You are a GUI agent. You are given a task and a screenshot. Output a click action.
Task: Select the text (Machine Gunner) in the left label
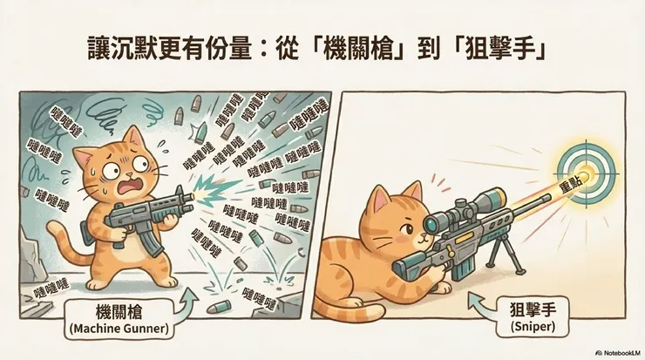pyautogui.click(x=119, y=329)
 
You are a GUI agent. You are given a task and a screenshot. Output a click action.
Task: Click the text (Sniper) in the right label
pyautogui.click(x=533, y=326)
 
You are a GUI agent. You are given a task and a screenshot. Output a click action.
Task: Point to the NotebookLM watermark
pyautogui.click(x=618, y=353)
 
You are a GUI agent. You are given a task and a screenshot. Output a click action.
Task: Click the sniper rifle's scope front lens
pyautogui.click(x=431, y=223)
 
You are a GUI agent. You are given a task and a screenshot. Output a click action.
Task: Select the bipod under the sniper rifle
pyautogui.click(x=506, y=255)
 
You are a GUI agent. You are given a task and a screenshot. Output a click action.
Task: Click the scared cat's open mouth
pyautogui.click(x=129, y=187)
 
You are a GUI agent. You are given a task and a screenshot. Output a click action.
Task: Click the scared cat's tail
pyautogui.click(x=67, y=243)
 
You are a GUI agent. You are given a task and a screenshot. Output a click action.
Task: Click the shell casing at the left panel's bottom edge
pyautogui.click(x=219, y=308)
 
